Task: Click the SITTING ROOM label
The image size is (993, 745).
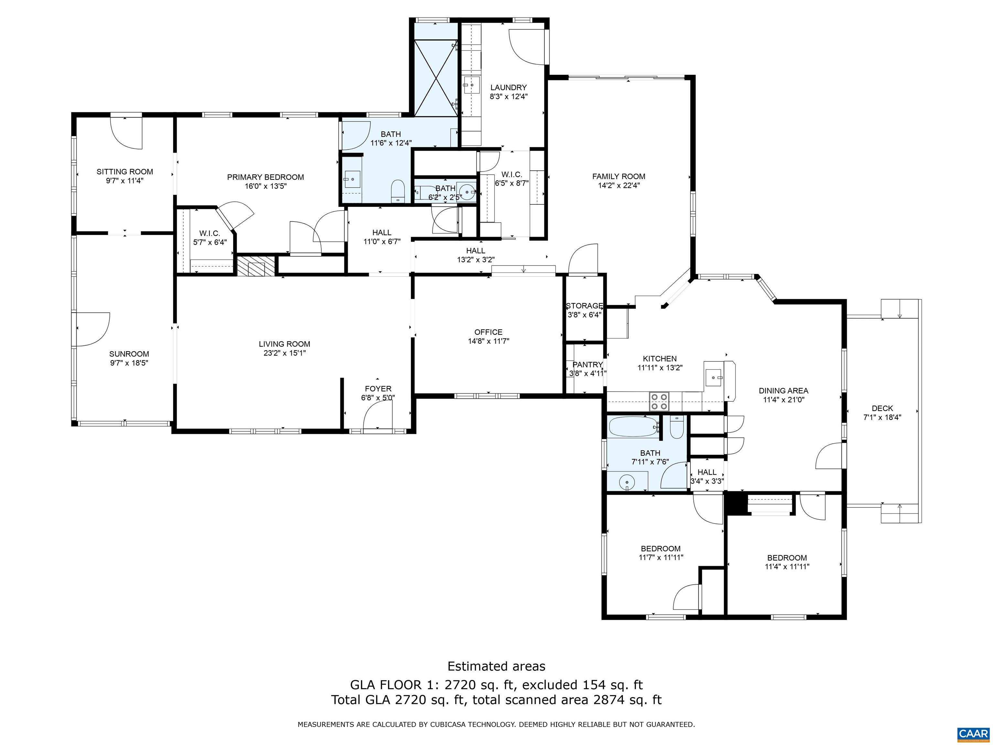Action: click(125, 172)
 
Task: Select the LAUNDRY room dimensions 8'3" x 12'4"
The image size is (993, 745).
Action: click(508, 96)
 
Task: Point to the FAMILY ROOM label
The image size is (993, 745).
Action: click(619, 177)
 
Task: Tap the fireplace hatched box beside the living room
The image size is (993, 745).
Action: click(255, 266)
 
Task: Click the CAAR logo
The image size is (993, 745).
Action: click(973, 734)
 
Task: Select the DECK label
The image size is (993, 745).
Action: click(882, 408)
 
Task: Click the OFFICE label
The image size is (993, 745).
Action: click(488, 332)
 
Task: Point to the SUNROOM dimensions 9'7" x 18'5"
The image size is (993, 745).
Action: click(129, 363)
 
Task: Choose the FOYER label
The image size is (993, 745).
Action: click(378, 388)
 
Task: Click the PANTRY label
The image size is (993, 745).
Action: click(588, 365)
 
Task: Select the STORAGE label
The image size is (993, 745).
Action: click(584, 306)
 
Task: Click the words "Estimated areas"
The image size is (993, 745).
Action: click(496, 666)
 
